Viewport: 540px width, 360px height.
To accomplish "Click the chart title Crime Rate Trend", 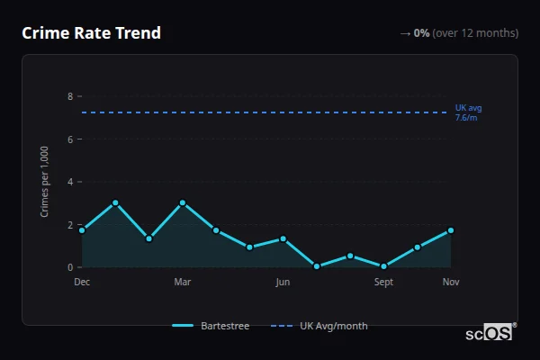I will (x=91, y=33).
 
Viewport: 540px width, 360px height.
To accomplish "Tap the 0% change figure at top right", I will (x=421, y=33).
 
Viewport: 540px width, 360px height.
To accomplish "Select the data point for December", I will (x=82, y=230).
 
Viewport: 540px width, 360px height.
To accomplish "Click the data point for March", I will (x=183, y=202).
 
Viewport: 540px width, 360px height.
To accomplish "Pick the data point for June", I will (x=283, y=238).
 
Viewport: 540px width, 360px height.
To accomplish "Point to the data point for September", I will (x=383, y=266).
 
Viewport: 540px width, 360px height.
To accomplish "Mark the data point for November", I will (x=451, y=230).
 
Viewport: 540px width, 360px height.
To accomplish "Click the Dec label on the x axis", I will (x=82, y=282).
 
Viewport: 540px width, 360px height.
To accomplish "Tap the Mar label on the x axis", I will (x=183, y=282).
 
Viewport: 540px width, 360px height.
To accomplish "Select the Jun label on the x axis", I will (x=283, y=282).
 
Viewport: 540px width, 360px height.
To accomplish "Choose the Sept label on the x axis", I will (x=383, y=282).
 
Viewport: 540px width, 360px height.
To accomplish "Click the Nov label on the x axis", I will (x=451, y=282).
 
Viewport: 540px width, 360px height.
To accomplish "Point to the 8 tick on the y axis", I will (x=70, y=96).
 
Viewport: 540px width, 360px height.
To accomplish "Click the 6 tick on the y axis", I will (x=70, y=139).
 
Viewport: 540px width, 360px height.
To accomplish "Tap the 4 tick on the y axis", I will (x=70, y=182).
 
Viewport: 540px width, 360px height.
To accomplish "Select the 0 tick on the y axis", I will (x=70, y=267).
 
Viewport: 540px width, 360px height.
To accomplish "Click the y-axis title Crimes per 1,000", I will (x=44, y=182).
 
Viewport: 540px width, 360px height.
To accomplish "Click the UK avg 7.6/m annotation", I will (x=468, y=112).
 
